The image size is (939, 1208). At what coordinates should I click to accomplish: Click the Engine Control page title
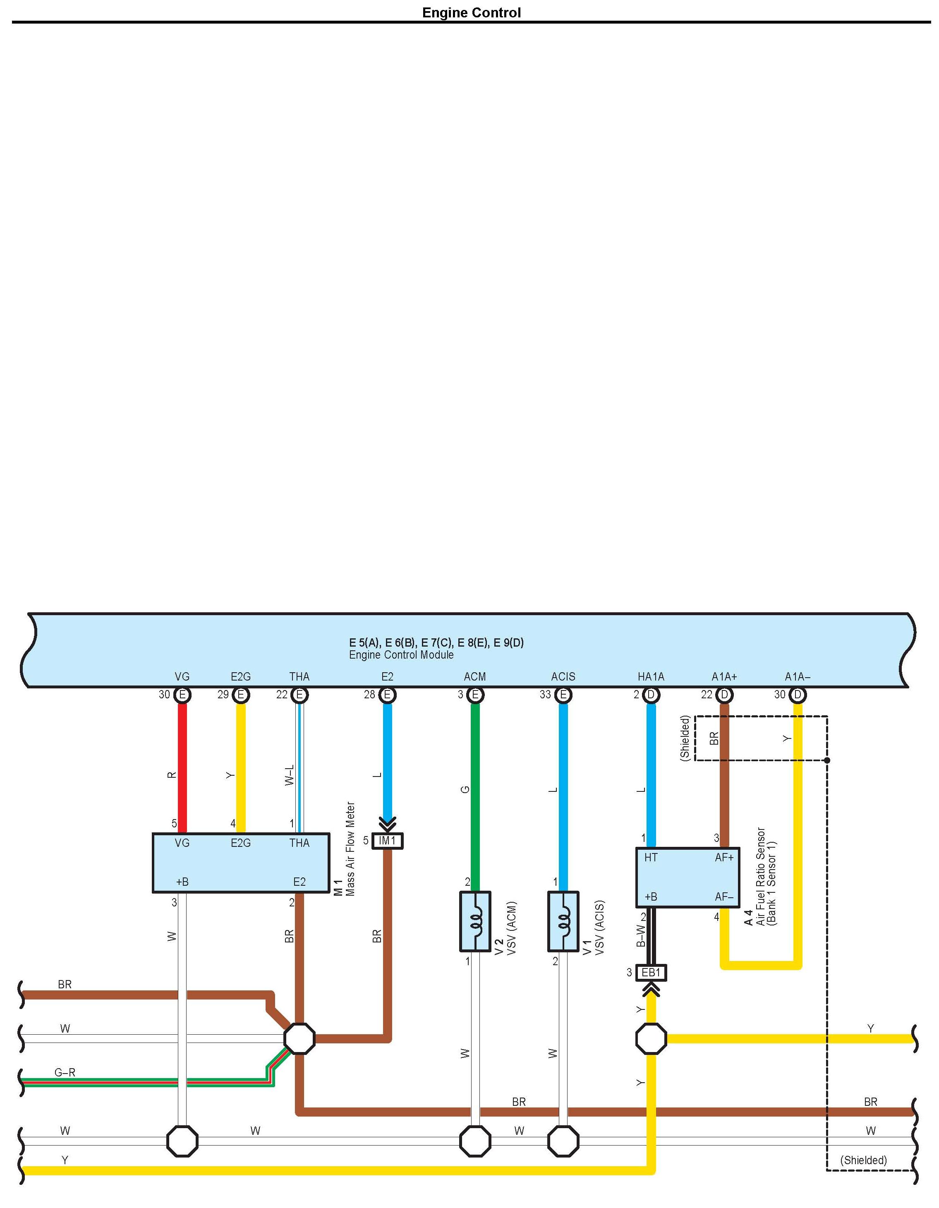click(x=471, y=13)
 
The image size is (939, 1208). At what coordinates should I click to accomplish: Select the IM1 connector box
click(x=387, y=841)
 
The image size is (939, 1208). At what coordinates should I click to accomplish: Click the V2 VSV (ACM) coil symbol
click(x=475, y=921)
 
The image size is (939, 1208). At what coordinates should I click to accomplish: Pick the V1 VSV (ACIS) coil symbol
click(x=563, y=921)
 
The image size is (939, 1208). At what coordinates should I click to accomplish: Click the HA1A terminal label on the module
click(x=651, y=676)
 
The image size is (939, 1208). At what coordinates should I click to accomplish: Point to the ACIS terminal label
click(x=563, y=676)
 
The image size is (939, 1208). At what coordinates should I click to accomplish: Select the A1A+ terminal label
click(x=724, y=676)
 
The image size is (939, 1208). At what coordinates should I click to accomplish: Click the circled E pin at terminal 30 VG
click(x=182, y=695)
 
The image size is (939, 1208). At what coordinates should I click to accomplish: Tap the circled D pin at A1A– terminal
click(x=798, y=695)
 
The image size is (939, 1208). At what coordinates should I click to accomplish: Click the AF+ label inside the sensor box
click(x=724, y=857)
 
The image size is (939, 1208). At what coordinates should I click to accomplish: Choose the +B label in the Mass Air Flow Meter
click(x=182, y=882)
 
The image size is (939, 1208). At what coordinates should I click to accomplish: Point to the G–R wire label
click(x=65, y=1072)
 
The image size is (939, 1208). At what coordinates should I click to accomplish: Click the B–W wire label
click(x=641, y=936)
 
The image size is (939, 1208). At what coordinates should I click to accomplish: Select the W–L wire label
click(x=289, y=775)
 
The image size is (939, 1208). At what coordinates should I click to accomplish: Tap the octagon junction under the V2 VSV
click(x=475, y=1141)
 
